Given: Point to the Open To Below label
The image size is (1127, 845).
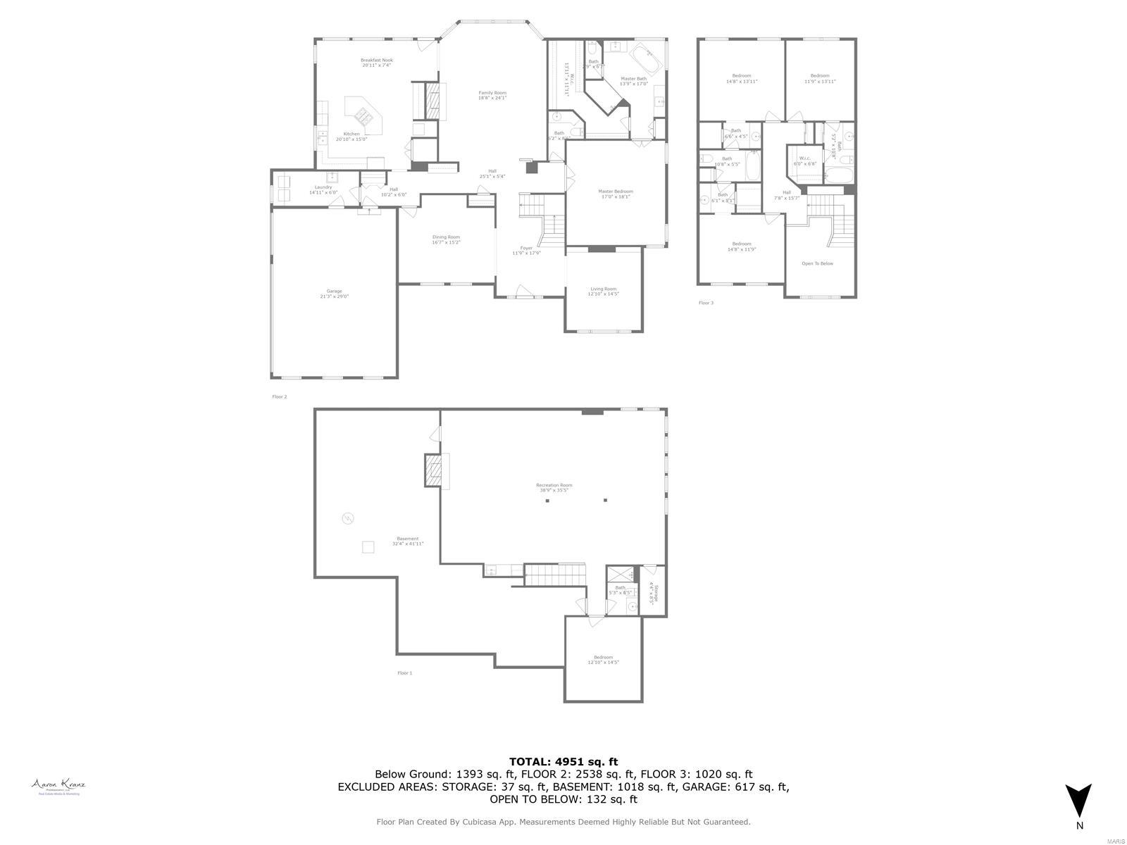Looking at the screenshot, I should (x=817, y=263).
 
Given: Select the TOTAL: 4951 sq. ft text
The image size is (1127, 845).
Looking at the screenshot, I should (x=563, y=761).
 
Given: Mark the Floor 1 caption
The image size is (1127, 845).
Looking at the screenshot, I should (x=404, y=673).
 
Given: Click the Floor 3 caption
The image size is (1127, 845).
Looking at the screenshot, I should (x=706, y=303).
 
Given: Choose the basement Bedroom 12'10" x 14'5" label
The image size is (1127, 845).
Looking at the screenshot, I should (x=603, y=660).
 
